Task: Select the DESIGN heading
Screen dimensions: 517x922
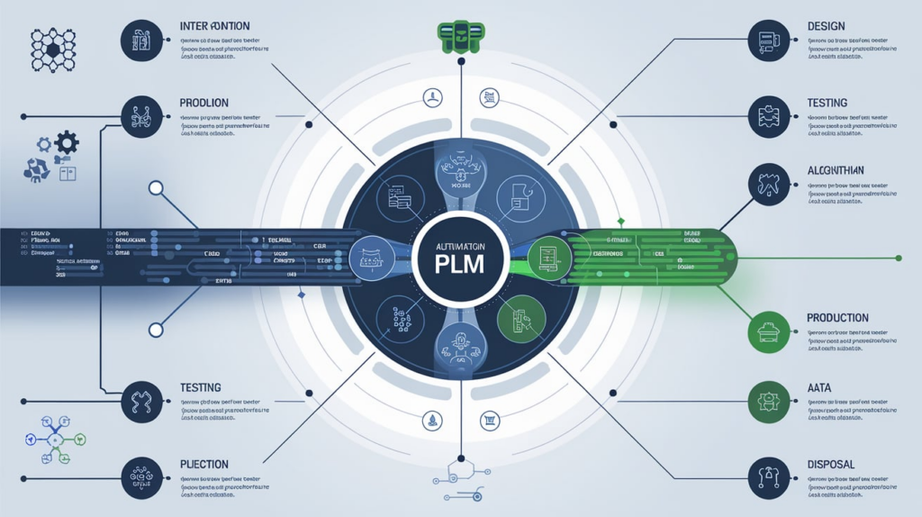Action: (x=826, y=26)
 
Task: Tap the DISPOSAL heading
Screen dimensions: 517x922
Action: (x=829, y=465)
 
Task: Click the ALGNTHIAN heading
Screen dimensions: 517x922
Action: (x=836, y=170)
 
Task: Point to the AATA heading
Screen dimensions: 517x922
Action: (x=819, y=387)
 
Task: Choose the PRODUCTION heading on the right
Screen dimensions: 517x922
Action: (x=837, y=318)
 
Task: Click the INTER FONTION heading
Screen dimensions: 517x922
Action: (x=215, y=26)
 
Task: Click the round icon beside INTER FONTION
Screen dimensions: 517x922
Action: (x=142, y=41)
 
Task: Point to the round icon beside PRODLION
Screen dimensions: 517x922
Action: (x=142, y=117)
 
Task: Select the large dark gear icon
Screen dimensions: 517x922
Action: (x=67, y=142)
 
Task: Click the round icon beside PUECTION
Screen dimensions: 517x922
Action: (x=142, y=478)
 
